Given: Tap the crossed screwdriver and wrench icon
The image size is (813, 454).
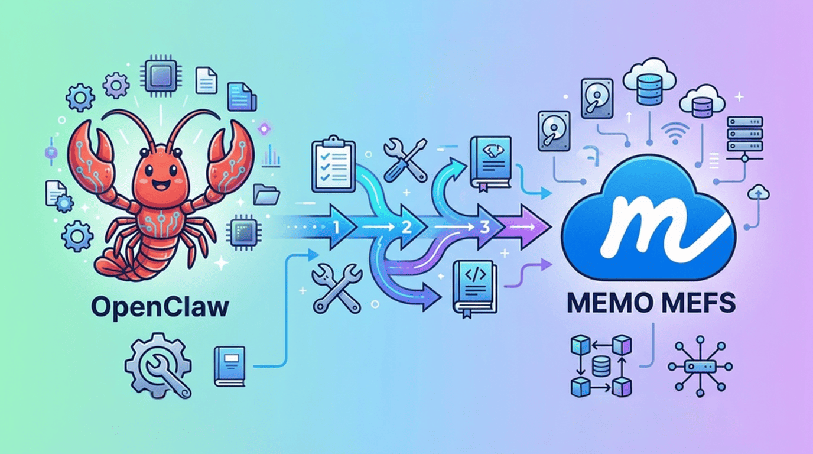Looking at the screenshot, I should click(405, 160).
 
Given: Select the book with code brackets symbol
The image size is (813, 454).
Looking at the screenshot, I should click(473, 288).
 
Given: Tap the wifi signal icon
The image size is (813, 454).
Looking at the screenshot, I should click(672, 135).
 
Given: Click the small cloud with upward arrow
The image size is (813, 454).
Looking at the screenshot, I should click(758, 192).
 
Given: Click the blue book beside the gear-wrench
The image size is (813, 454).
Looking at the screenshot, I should click(230, 366).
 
